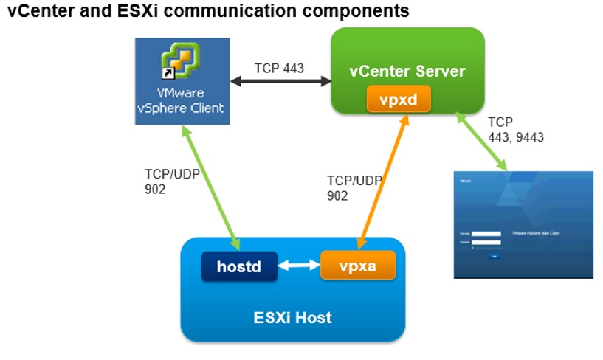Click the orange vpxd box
click(399, 98)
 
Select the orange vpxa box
click(358, 266)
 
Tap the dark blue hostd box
click(239, 266)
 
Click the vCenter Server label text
click(407, 71)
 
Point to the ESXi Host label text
click(292, 318)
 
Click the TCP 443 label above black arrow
click(279, 68)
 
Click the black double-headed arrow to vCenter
click(279, 82)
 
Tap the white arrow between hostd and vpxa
click(299, 266)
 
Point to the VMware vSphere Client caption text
click(180, 101)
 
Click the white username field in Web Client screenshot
click(485, 235)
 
